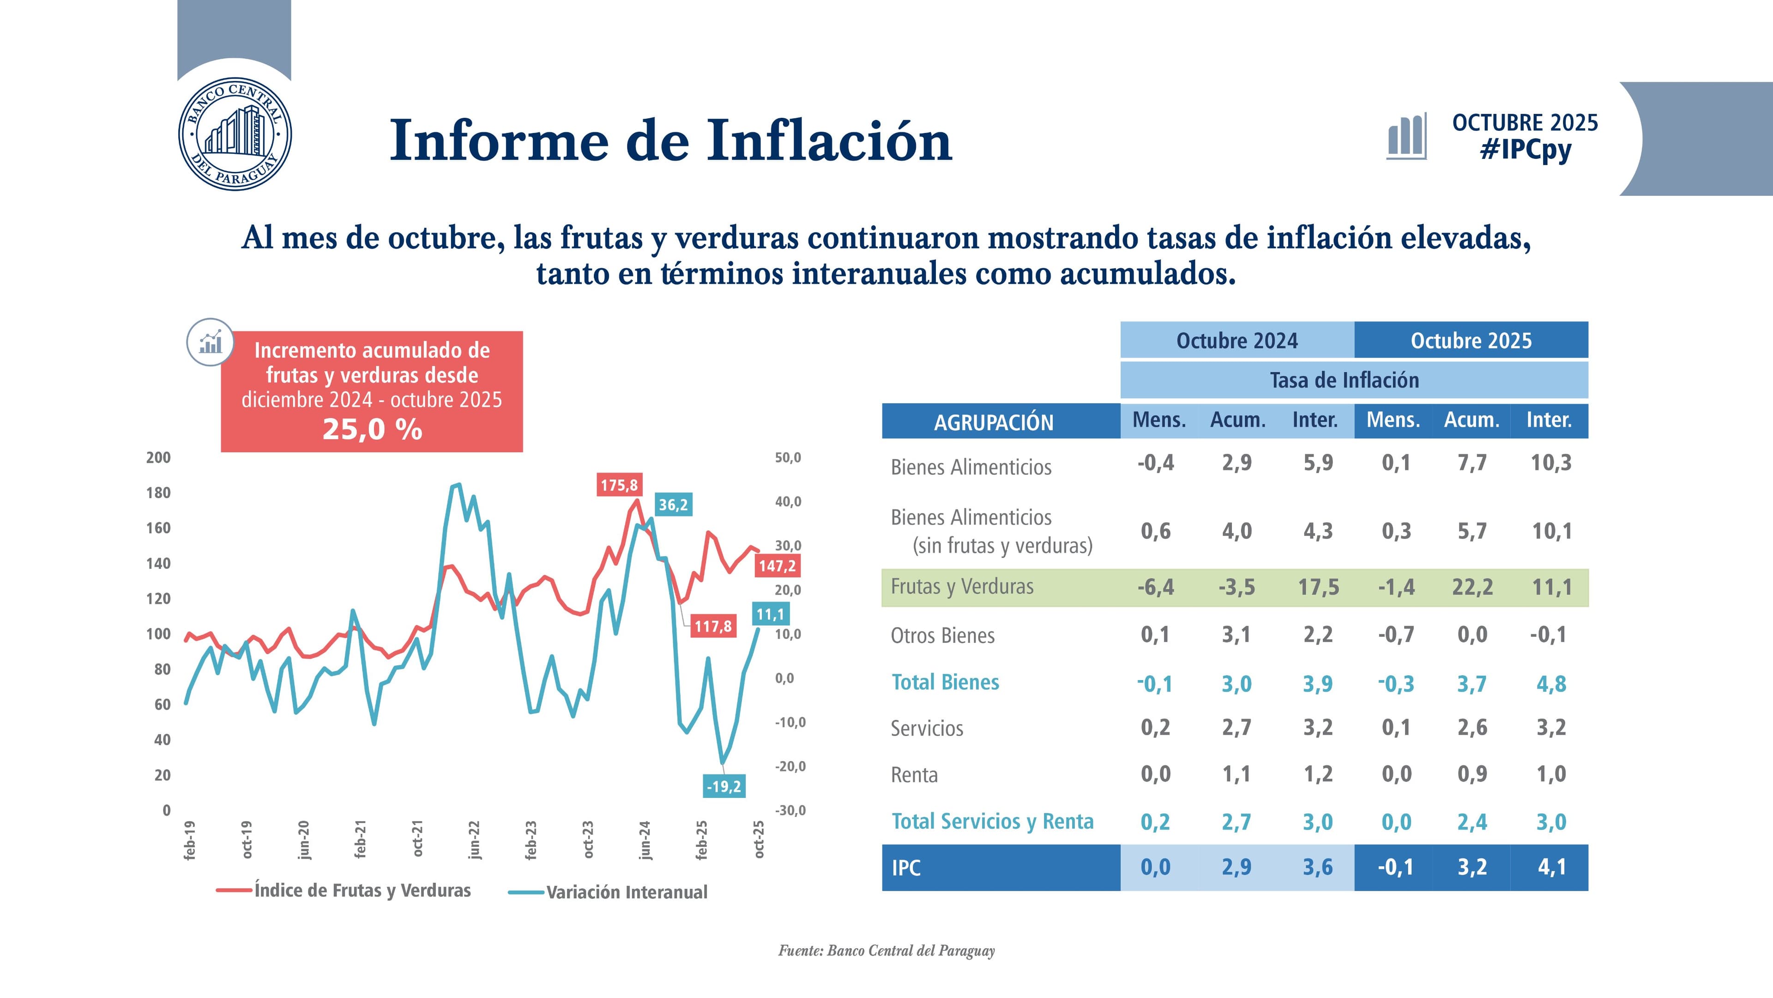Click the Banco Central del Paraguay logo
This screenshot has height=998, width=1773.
coord(235,134)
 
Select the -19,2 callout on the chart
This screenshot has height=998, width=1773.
coord(724,786)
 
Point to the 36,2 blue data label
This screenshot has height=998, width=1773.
coord(672,505)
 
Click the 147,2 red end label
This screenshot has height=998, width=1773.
coord(777,566)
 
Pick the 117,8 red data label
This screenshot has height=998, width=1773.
coord(712,626)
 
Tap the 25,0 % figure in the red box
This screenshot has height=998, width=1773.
coord(372,429)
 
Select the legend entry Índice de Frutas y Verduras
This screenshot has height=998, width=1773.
coord(362,890)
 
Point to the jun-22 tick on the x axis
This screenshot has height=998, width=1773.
coord(474,840)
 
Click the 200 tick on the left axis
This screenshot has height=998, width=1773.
coord(158,457)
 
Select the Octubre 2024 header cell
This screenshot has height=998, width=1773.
coord(1237,340)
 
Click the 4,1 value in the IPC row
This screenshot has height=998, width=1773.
coord(1551,867)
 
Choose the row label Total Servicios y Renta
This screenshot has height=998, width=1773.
coord(992,821)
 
